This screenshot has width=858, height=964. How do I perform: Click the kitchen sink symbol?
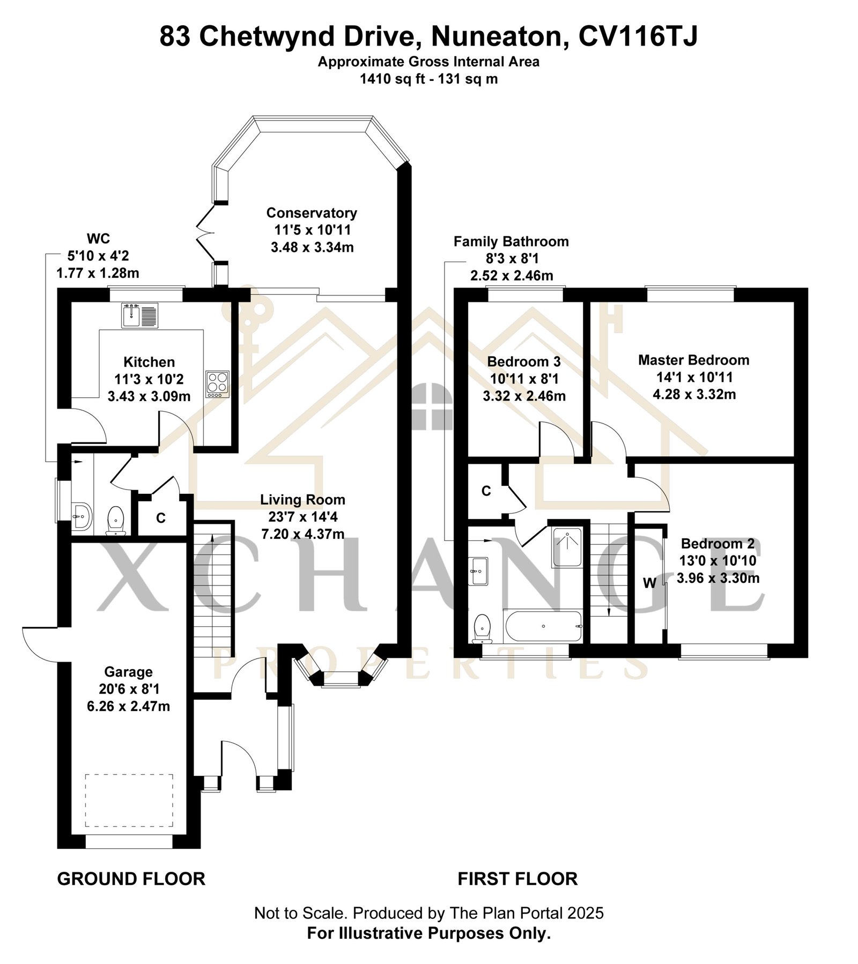tap(139, 315)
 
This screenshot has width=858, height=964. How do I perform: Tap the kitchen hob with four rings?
tap(217, 384)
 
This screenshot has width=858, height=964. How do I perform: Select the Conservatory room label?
tap(312, 213)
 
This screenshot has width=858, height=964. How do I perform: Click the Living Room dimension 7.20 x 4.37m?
tap(302, 534)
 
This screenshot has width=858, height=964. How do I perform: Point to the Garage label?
tap(128, 672)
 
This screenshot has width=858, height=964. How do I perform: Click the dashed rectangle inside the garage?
tap(129, 800)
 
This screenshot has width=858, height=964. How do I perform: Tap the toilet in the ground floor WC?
tap(116, 521)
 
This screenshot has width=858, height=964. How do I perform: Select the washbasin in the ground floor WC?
tap(82, 517)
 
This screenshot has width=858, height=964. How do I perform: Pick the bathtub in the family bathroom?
tap(543, 626)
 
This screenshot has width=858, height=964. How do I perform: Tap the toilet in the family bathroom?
tap(483, 628)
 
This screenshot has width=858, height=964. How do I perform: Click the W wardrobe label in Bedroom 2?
tap(649, 583)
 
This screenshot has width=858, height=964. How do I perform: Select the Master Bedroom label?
tap(693, 360)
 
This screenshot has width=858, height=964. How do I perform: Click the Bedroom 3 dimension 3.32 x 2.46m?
tap(524, 396)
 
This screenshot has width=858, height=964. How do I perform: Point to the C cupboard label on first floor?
tap(486, 491)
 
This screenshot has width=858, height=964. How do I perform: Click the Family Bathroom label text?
tap(511, 242)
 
